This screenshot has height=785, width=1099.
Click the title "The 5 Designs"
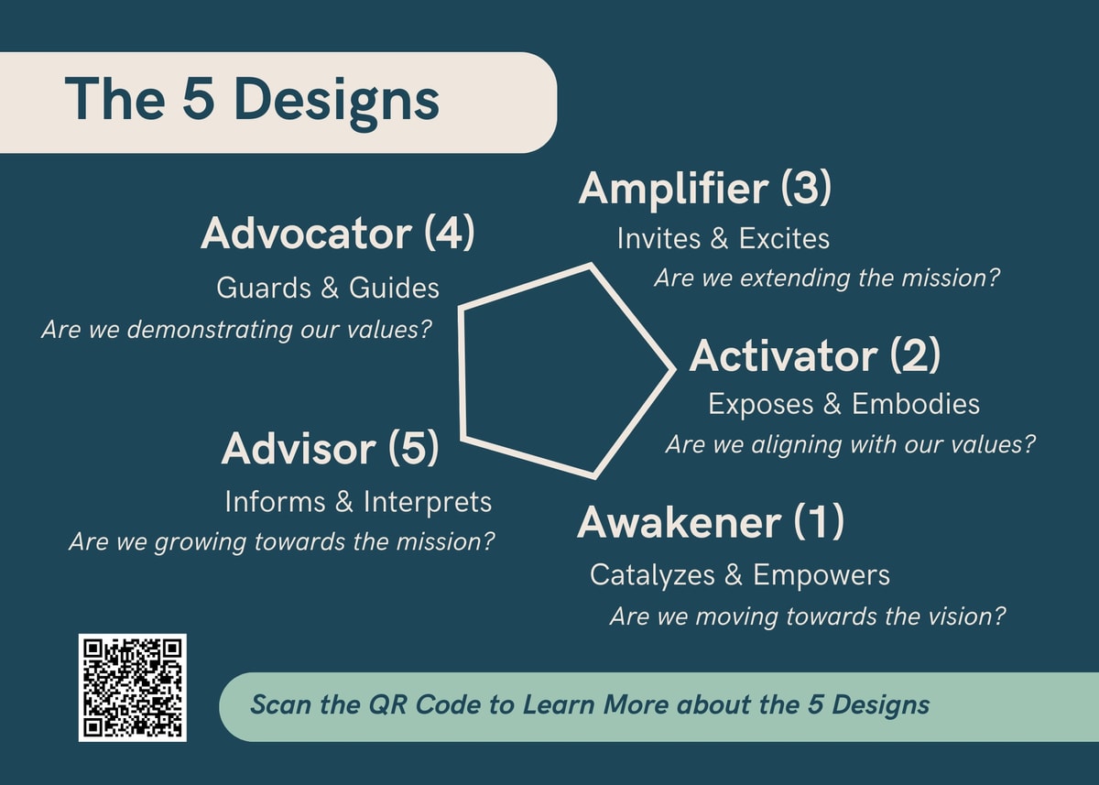[x=252, y=101]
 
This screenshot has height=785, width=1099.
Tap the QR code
[x=133, y=687]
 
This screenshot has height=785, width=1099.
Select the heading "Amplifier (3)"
[x=705, y=189]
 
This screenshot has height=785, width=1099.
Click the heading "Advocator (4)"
[x=338, y=234]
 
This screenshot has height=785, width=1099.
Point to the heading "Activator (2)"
[x=815, y=355]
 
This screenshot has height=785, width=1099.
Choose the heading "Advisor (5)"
[x=331, y=449]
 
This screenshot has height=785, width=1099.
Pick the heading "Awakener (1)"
[x=711, y=522]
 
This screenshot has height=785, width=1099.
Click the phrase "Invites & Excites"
[x=724, y=238]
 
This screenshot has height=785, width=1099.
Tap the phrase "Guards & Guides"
[x=327, y=288]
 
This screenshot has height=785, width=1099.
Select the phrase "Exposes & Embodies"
[x=843, y=404]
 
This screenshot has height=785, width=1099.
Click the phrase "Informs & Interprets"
[x=358, y=502]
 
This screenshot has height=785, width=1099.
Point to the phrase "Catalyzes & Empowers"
[x=740, y=575]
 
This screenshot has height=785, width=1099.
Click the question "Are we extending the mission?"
[x=827, y=278]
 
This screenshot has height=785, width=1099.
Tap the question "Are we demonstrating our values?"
[x=236, y=329]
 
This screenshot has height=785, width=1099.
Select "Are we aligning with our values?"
[x=850, y=445]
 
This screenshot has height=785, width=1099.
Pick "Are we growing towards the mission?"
[x=282, y=542]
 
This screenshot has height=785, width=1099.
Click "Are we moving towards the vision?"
[x=808, y=616]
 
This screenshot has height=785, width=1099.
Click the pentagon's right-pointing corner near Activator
[x=674, y=369]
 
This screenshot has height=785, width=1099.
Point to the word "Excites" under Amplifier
[x=784, y=238]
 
